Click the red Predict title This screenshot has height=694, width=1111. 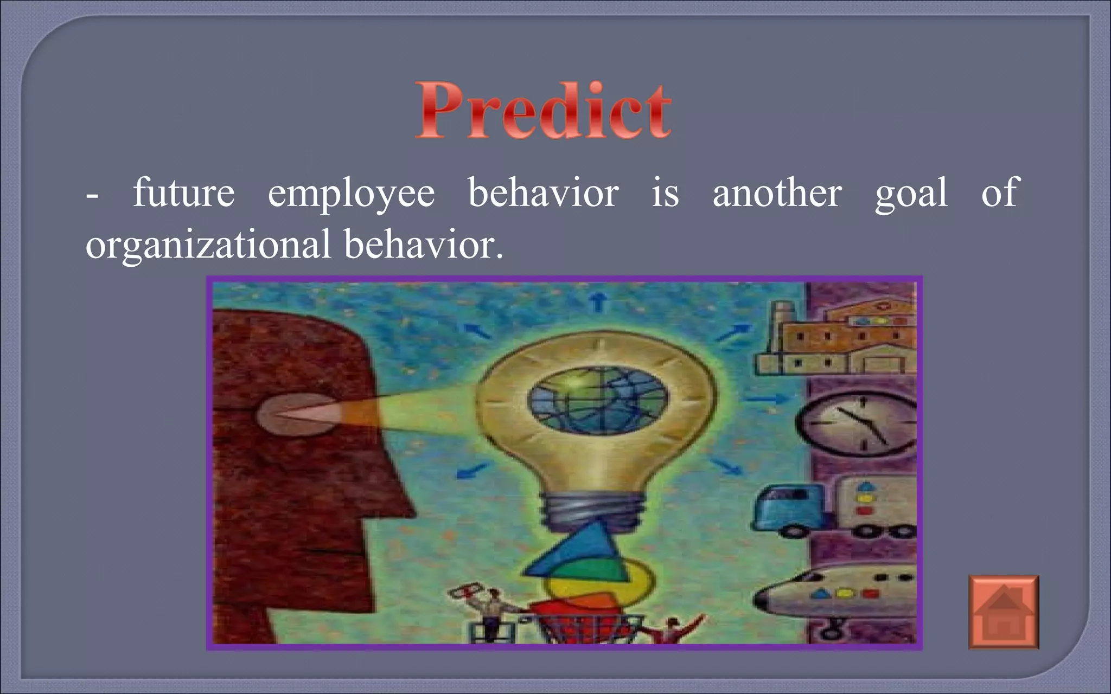coord(544,111)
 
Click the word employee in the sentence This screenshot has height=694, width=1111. coord(351,194)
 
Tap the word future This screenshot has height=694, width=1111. coord(183,192)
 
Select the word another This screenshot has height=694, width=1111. coord(777,192)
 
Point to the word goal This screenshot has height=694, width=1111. coord(911,194)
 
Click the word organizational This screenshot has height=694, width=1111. coord(208,244)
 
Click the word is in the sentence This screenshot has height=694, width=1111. coord(665,192)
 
